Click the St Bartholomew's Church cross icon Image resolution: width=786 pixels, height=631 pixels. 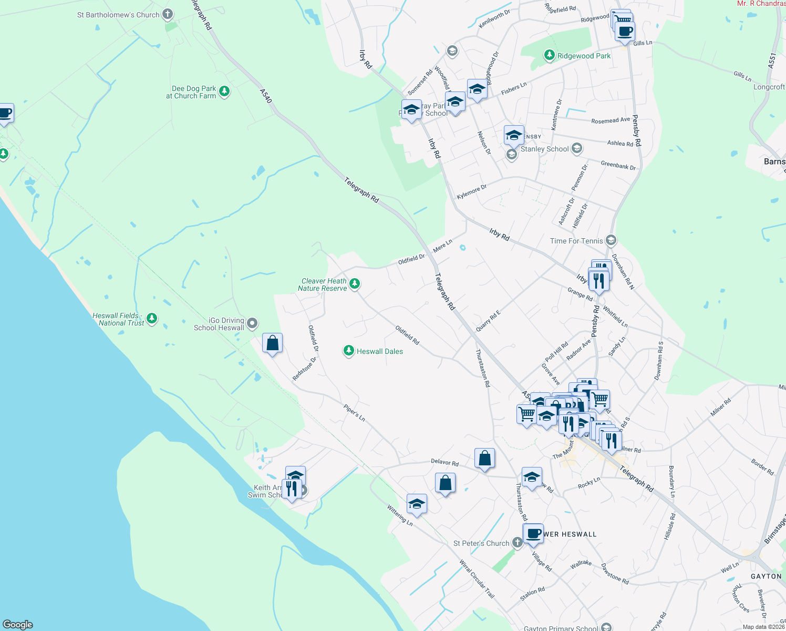pos(168,14)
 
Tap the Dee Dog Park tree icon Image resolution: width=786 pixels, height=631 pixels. pos(224,92)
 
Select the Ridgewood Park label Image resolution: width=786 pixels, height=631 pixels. pos(584,56)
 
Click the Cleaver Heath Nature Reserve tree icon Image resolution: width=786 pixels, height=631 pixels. pos(355,284)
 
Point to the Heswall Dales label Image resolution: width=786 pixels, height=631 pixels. pos(379,351)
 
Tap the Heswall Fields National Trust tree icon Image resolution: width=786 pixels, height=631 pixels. pos(152,319)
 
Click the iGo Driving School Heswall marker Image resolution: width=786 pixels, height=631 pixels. pos(252,323)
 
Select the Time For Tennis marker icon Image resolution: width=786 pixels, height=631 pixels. pos(611,241)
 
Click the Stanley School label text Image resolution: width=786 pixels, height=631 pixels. pos(544,149)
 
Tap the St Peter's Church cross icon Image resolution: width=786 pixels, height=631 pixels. pos(517,543)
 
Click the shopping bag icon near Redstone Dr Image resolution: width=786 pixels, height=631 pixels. pos(272,343)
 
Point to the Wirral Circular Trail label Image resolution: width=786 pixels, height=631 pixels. pos(477,579)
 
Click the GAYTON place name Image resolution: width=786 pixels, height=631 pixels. pos(766,576)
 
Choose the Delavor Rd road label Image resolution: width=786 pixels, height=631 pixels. pos(444,463)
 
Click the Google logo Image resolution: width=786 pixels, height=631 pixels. pos(18,625)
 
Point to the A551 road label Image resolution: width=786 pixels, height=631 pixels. pos(772,60)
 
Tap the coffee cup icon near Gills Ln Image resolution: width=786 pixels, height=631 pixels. pos(625,31)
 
